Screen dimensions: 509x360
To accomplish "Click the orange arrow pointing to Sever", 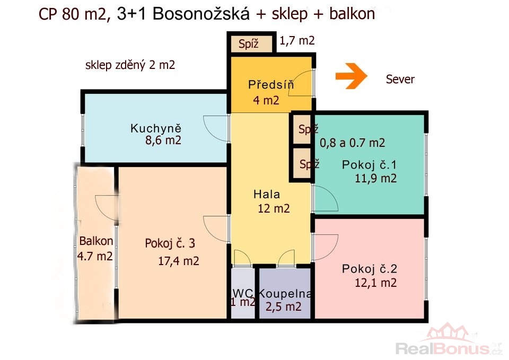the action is coord(351,76).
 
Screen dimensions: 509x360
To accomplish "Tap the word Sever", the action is coord(400,79).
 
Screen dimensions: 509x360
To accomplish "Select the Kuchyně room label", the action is coord(156,128).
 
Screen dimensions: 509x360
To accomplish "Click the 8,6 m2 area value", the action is coord(163,140).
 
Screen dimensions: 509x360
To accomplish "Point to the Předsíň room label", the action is coord(271,84).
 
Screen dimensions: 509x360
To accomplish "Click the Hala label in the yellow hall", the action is coord(267,194).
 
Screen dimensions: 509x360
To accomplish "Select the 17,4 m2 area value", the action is coord(179,261).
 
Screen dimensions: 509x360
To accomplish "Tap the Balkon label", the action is coord(96,241).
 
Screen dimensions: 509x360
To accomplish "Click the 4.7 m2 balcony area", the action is coord(95,256).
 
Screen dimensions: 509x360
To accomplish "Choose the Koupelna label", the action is coord(285,293).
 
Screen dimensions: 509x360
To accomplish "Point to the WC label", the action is coord(243,293).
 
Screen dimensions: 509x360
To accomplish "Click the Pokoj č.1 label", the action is coord(369,165).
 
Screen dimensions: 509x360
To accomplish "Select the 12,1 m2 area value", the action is coord(375,283).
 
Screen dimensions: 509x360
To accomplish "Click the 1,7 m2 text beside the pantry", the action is coord(297,41).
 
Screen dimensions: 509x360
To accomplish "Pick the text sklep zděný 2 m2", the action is coord(130,65).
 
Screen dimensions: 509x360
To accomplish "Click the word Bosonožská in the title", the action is coord(201,14).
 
